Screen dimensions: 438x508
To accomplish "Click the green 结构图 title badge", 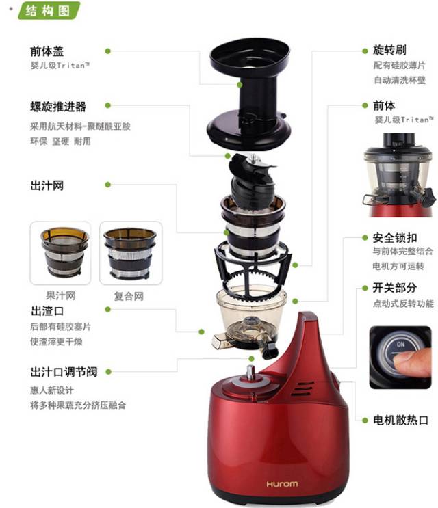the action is click(48, 10).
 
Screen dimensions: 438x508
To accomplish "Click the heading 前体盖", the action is click(47, 51).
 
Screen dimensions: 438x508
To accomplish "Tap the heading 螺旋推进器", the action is click(58, 107).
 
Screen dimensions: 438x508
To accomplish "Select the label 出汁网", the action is click(47, 186).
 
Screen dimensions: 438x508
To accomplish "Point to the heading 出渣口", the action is click(47, 311).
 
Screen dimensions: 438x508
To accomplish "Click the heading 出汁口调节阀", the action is click(64, 372).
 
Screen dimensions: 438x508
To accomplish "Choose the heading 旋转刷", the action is click(389, 50).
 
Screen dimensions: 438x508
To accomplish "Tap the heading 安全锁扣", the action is click(395, 238).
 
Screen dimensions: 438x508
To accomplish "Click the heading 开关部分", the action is click(395, 288).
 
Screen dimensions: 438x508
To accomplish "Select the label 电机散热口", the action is click(401, 420).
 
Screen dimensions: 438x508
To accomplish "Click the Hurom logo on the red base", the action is click(282, 484).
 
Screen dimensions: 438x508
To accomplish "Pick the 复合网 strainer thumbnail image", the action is click(130, 253).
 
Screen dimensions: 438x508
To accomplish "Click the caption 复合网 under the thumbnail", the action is click(129, 296).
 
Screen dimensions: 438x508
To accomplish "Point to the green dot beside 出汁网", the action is click(108, 185).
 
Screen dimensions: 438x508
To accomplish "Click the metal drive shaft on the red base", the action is click(250, 372).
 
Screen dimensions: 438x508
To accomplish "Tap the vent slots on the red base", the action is click(302, 388).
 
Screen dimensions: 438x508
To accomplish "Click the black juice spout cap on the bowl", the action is click(270, 350).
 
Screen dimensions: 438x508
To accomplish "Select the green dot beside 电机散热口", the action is click(365, 420).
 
